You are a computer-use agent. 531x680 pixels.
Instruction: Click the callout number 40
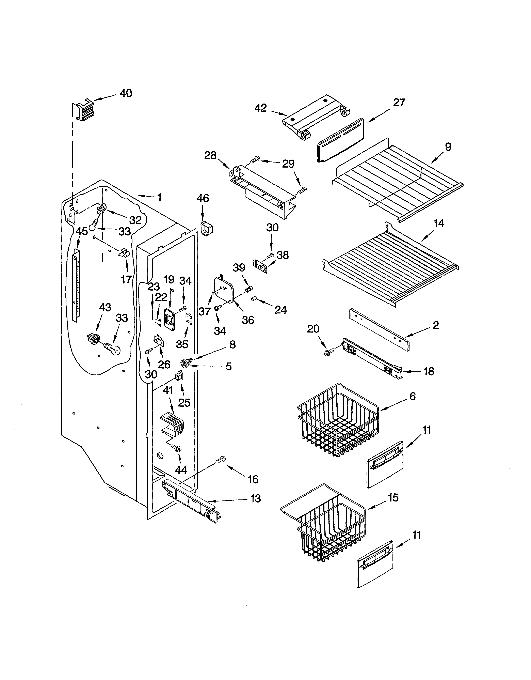126,93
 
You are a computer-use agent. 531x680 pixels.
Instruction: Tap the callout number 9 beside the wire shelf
448,147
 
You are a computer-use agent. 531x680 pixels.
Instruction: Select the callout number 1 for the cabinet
159,197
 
